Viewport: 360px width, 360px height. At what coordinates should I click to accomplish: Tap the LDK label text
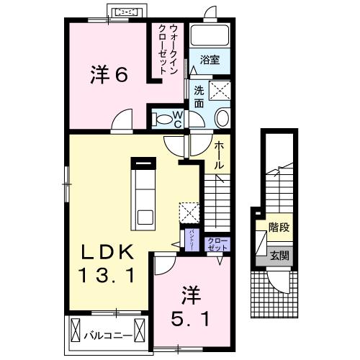(107, 252)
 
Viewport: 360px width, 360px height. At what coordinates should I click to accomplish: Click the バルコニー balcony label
(107, 336)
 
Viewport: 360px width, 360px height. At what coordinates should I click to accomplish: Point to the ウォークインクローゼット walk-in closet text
(171, 48)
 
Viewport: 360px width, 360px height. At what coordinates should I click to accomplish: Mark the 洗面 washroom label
(199, 97)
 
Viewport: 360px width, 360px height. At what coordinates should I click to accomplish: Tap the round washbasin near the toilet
(222, 118)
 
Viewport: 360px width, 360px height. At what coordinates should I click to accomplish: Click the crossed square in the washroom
(219, 91)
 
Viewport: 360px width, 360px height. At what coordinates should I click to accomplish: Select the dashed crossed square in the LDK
(189, 213)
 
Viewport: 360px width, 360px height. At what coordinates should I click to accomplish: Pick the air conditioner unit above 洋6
(127, 12)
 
